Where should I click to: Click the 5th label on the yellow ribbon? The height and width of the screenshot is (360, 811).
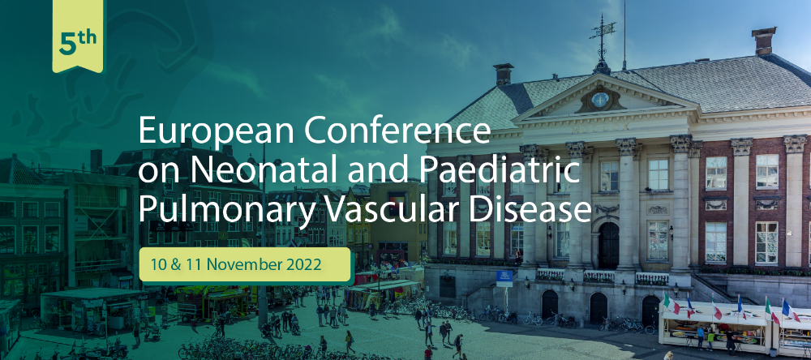[x=78, y=43]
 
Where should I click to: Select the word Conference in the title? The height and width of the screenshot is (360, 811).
[x=397, y=130]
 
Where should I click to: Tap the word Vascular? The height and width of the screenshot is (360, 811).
[x=395, y=210]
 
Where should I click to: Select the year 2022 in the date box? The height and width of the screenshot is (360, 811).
[x=303, y=264]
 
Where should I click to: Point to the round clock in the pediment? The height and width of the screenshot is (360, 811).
[x=600, y=99]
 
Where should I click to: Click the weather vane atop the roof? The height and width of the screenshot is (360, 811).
[x=602, y=39]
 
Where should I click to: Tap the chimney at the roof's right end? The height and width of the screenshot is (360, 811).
[x=764, y=41]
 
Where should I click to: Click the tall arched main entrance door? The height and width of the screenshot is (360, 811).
[x=608, y=245]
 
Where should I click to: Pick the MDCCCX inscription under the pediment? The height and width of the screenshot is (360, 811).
[x=601, y=127]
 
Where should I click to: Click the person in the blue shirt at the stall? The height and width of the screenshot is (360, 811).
[x=701, y=337]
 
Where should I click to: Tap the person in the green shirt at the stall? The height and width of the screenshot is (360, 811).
[x=711, y=339]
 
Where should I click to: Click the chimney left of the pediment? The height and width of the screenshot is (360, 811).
[x=502, y=75]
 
